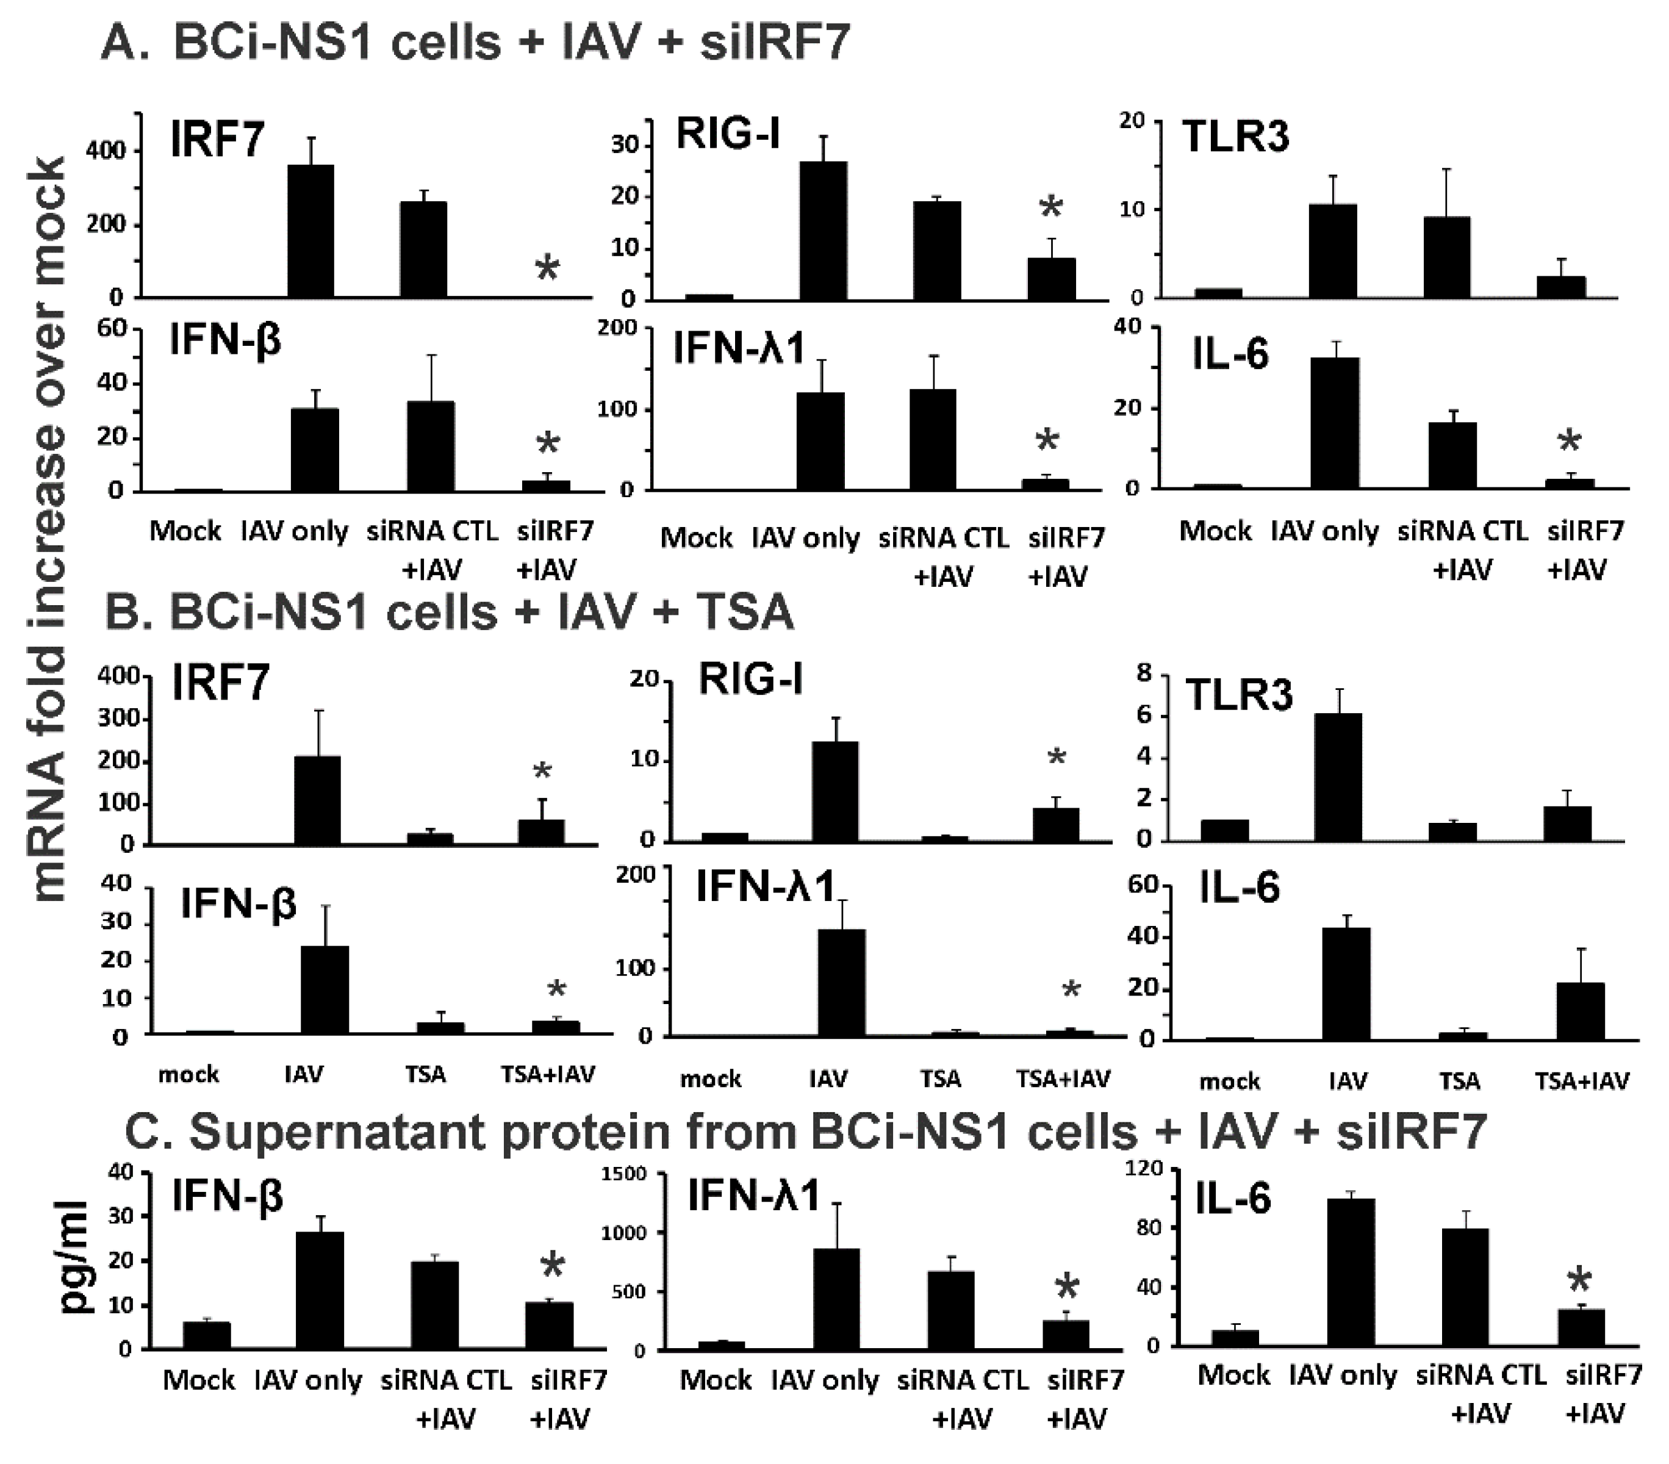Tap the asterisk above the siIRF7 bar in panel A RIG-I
(1051, 207)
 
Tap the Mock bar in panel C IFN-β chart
(207, 1335)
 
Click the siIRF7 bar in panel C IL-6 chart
(1581, 1327)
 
